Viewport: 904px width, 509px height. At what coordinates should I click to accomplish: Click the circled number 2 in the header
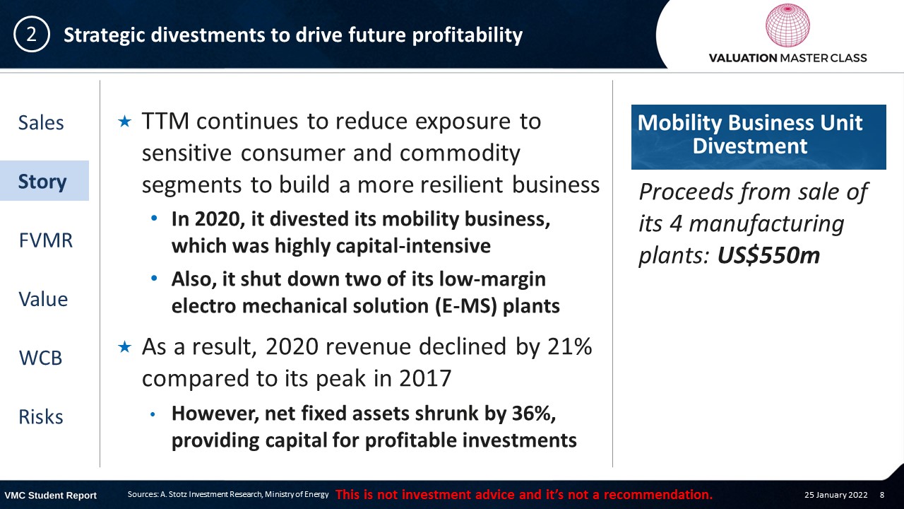[x=32, y=35]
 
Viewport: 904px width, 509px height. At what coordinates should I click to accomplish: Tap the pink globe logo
[x=787, y=25]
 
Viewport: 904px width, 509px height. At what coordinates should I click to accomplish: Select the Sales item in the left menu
[x=41, y=122]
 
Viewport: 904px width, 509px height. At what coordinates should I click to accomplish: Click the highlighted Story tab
[x=42, y=182]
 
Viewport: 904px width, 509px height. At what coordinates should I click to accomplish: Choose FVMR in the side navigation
[x=46, y=240]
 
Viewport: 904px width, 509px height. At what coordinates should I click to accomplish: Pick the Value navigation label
[x=43, y=299]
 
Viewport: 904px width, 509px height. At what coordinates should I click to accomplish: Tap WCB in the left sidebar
[x=40, y=358]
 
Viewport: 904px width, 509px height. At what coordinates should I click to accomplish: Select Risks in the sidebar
[x=41, y=417]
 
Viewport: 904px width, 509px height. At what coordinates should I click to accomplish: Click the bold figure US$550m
[x=768, y=256]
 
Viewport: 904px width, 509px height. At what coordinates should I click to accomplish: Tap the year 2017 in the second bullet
[x=425, y=378]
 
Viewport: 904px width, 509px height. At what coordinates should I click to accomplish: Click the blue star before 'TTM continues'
[x=125, y=121]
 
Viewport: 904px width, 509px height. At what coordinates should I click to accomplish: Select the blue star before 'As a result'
[x=125, y=346]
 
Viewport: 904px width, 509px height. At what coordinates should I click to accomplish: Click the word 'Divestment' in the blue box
[x=750, y=146]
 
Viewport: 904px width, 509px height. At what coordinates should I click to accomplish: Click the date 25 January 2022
[x=835, y=495]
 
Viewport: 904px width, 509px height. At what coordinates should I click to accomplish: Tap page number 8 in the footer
[x=882, y=495]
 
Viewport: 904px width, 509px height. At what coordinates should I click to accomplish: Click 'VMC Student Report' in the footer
[x=50, y=496]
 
